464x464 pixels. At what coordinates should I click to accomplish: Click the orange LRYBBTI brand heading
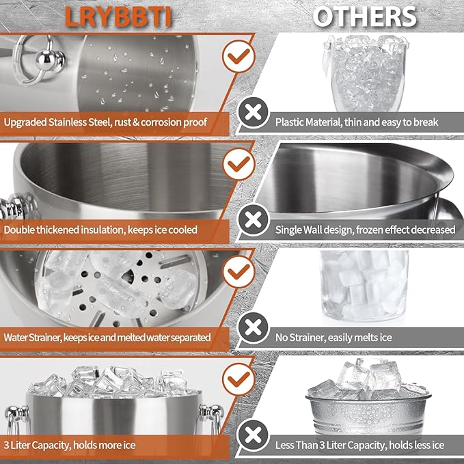tap(118, 17)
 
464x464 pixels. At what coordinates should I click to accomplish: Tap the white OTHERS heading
tap(365, 17)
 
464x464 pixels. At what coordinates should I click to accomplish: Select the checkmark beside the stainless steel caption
tap(238, 56)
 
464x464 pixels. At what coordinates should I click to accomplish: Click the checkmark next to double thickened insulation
tap(238, 164)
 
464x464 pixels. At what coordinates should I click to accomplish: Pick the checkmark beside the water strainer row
tap(238, 272)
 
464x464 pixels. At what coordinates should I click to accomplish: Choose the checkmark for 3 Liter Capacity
tap(238, 380)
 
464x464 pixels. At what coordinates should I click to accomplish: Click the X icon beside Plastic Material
tap(254, 113)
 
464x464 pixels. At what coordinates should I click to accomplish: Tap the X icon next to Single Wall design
tap(254, 220)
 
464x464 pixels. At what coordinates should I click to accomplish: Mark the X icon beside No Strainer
tap(254, 328)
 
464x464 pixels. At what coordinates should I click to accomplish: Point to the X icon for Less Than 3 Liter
tap(254, 435)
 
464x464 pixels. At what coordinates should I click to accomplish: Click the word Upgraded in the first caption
tap(25, 122)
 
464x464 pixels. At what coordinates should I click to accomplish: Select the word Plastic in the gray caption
tap(289, 122)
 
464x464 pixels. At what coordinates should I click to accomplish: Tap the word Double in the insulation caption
tap(18, 230)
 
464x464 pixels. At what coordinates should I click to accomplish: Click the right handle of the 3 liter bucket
tap(212, 418)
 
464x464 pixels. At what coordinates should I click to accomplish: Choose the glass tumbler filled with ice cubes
tap(364, 286)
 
